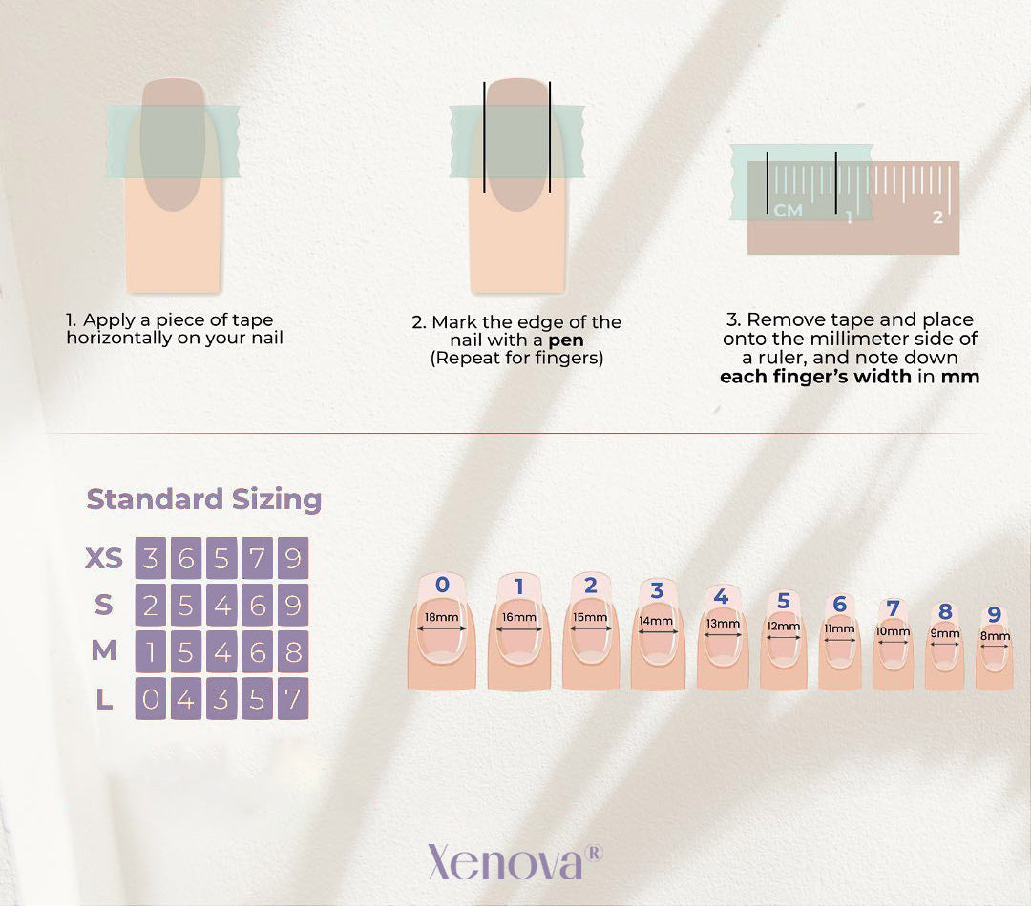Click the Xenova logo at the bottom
tap(515, 861)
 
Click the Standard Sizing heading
tap(204, 500)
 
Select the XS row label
tap(104, 559)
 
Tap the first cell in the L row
tap(151, 699)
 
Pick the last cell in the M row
tap(293, 652)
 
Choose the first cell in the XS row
tap(151, 559)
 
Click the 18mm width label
tap(441, 618)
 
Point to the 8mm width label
tap(995, 636)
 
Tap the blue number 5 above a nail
tap(783, 601)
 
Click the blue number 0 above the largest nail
tap(443, 584)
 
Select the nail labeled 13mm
tap(723, 637)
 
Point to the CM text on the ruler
tap(789, 210)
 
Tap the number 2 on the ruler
tap(937, 216)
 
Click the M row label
tap(104, 651)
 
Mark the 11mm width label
tap(840, 628)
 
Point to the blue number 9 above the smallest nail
tap(994, 614)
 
